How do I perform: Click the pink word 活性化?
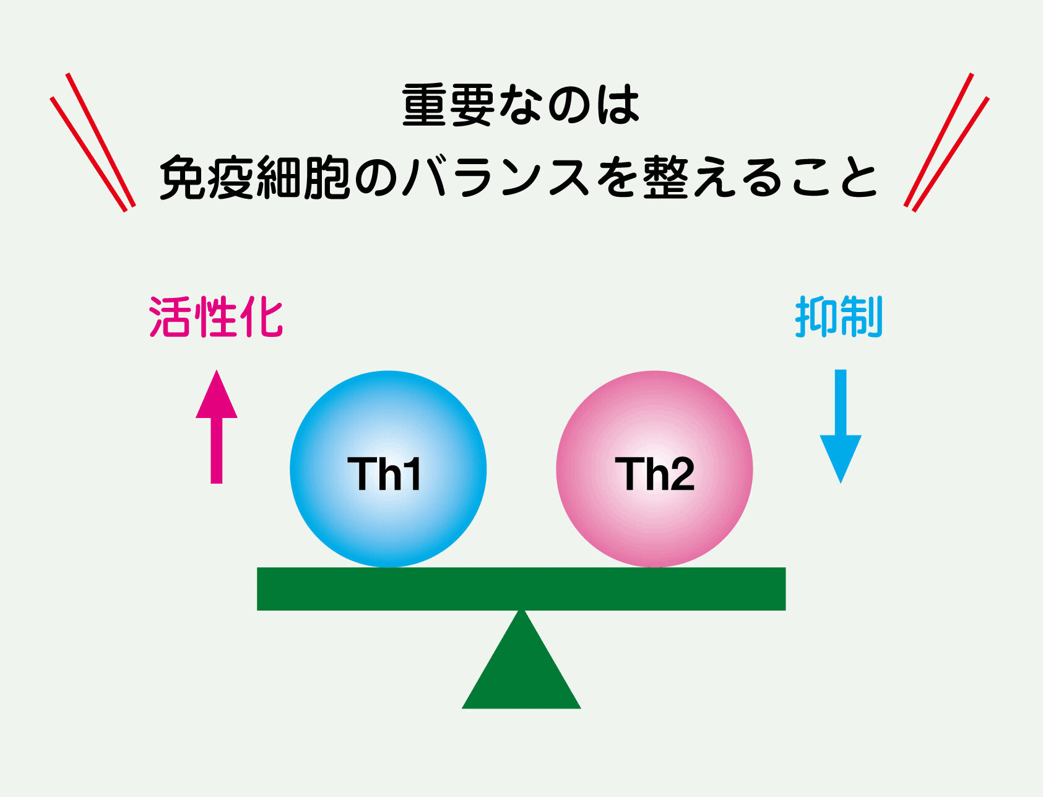pos(216,317)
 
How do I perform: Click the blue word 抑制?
pos(839,316)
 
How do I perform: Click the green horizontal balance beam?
pos(521,588)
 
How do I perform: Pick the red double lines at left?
pos(93,142)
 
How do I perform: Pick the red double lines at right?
pos(946,142)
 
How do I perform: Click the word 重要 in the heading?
pos(448,105)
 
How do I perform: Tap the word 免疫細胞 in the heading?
pos(254,178)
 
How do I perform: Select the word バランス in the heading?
pos(495,178)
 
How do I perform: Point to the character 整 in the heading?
pos(665,178)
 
